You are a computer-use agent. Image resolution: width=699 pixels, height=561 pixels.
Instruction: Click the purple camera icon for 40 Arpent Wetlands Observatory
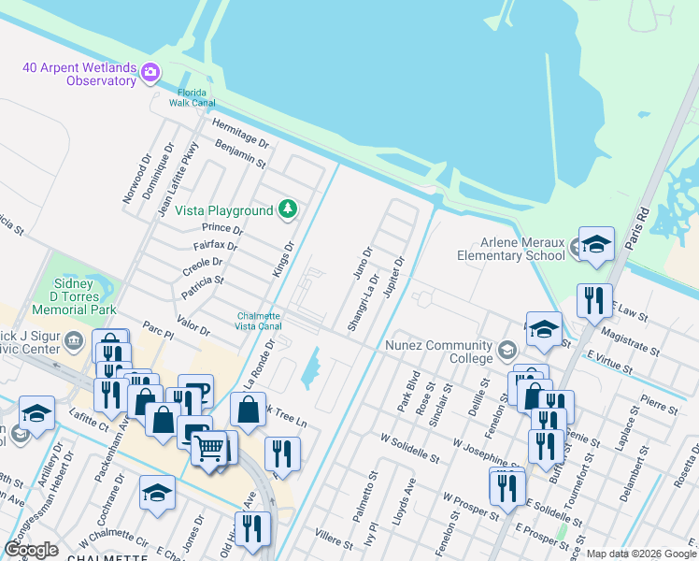(150, 71)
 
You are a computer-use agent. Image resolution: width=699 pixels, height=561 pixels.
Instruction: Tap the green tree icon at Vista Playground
(289, 209)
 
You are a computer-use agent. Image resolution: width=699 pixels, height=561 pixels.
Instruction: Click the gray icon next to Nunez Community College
(506, 351)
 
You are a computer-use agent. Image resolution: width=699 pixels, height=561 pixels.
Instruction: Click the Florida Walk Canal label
(197, 97)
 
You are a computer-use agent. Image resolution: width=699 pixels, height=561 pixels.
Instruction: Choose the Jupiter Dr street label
(392, 281)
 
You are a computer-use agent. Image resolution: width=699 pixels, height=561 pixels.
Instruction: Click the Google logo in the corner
(32, 550)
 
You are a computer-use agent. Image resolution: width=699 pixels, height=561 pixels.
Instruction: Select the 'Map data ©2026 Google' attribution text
(640, 554)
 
